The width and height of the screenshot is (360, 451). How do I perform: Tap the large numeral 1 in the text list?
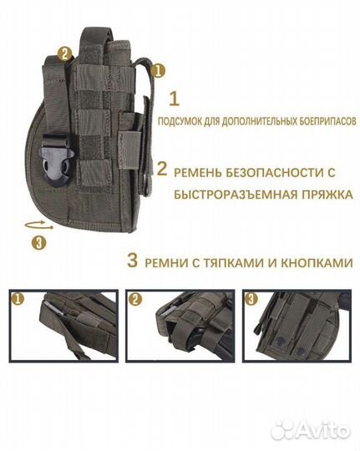[x=175, y=99]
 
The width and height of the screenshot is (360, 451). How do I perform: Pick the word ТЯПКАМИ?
[x=240, y=261]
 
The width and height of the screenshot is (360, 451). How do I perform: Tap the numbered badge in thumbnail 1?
[x=17, y=299]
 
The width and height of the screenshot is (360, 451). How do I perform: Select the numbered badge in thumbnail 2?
[x=135, y=299]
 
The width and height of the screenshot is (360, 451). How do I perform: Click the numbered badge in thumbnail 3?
[x=251, y=299]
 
